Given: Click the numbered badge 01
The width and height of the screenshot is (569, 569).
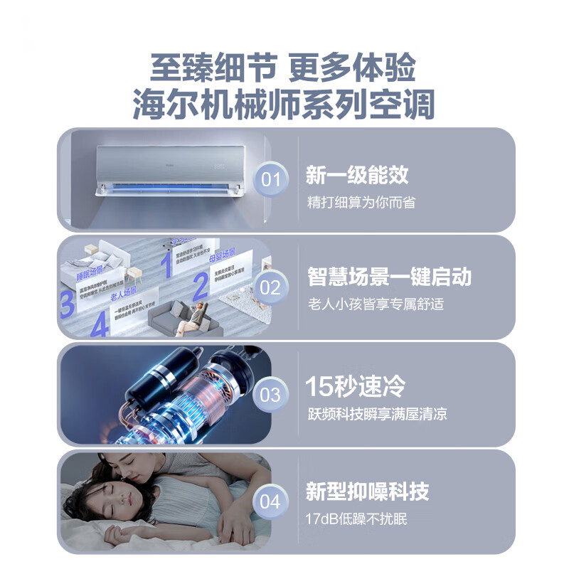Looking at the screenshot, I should (x=270, y=179).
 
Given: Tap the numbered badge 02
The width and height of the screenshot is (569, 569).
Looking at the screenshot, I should (x=270, y=287).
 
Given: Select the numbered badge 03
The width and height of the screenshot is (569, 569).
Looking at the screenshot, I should (x=270, y=395).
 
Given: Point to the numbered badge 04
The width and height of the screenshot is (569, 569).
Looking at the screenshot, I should (x=270, y=501).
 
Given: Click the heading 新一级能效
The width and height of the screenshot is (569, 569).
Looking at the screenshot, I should (x=357, y=175).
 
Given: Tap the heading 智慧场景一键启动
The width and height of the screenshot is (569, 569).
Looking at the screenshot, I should (x=389, y=277).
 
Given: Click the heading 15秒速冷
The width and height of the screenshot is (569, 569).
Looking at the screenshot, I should (x=356, y=387).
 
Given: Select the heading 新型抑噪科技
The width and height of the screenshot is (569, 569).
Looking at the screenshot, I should (x=367, y=491).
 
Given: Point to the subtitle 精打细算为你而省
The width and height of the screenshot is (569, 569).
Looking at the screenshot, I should (x=361, y=202).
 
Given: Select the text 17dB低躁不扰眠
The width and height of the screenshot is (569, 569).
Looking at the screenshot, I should (x=356, y=519).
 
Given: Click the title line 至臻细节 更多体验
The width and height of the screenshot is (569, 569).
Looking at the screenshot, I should (x=283, y=69).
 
